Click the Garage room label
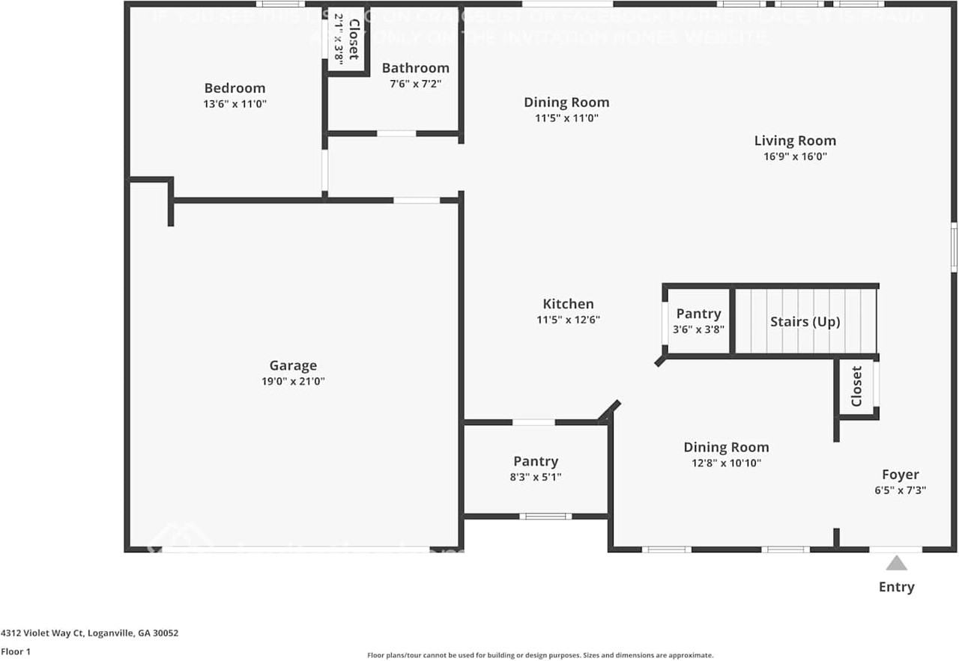(x=293, y=365)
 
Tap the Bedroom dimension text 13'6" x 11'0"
(x=235, y=105)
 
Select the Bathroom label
(x=415, y=68)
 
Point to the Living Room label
(x=795, y=141)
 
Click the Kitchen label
(x=568, y=304)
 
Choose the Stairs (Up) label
(x=805, y=322)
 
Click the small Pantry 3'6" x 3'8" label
(x=698, y=329)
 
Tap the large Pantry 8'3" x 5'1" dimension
(x=536, y=477)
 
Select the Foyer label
(x=900, y=475)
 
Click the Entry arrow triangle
(x=896, y=564)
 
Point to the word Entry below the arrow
(x=896, y=587)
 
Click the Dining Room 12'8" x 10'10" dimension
(x=725, y=463)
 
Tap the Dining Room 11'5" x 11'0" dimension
(x=566, y=118)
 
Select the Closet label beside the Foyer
(x=856, y=386)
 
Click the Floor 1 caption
(x=16, y=651)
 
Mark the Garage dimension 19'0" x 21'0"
(x=293, y=381)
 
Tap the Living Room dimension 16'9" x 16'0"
(x=795, y=156)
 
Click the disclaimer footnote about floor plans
(x=540, y=655)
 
